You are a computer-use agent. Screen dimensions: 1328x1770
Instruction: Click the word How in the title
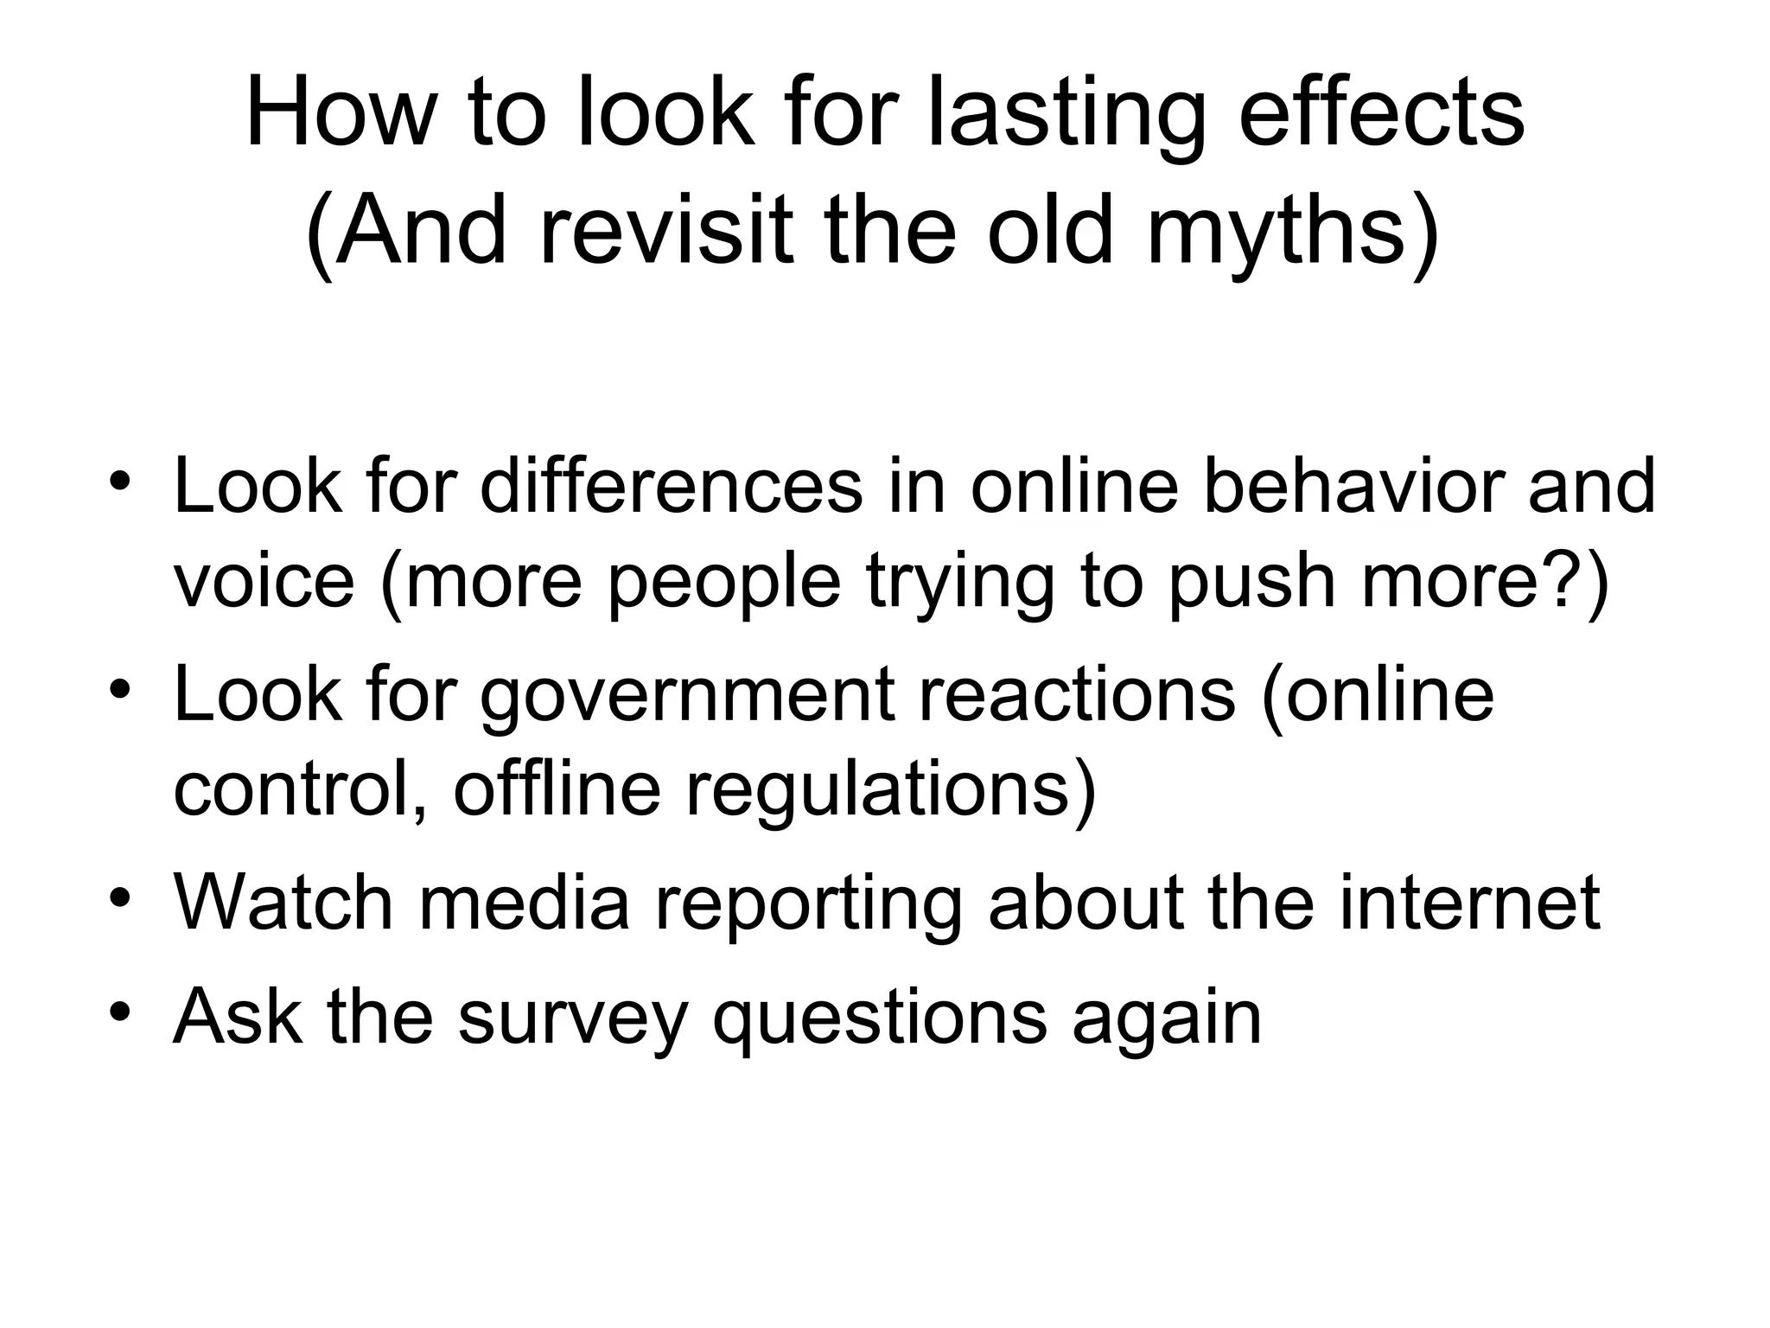[x=337, y=113]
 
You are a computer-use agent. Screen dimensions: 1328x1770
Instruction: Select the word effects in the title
[x=1382, y=113]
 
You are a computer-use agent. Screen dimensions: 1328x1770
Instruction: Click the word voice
[x=264, y=581]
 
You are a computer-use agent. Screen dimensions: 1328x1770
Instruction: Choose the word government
[x=687, y=695]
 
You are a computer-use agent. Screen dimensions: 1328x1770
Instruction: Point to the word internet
[x=1470, y=903]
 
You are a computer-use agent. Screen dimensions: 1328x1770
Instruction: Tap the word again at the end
[x=1167, y=1018]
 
